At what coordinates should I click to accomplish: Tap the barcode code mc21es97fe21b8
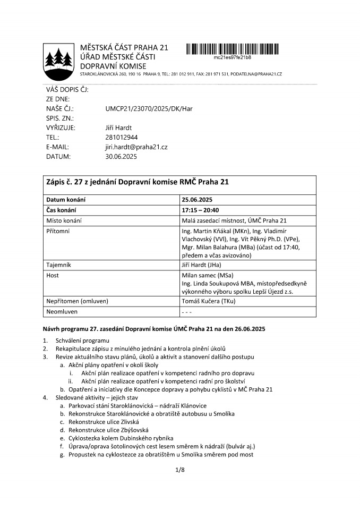(232, 57)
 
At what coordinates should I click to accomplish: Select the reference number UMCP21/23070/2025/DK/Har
(149, 109)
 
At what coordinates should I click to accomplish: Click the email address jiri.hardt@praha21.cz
(136, 147)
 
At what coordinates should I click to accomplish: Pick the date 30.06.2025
(121, 157)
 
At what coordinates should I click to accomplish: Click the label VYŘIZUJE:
(61, 128)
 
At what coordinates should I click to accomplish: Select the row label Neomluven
(62, 312)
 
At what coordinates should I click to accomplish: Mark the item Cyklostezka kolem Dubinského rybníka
(121, 438)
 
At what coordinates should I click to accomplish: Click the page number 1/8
(179, 470)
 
